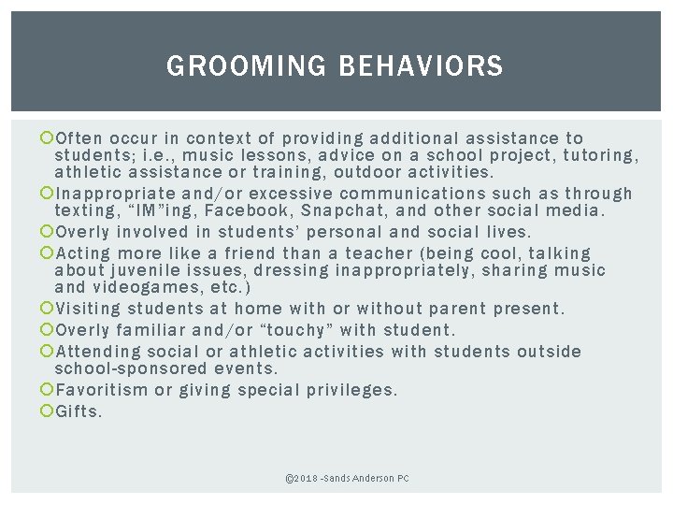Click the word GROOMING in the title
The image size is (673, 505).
(x=246, y=66)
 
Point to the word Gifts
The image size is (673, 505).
(x=79, y=411)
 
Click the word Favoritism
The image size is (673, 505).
(x=102, y=390)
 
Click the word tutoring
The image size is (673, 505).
(x=598, y=155)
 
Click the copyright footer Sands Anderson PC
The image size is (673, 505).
(x=347, y=479)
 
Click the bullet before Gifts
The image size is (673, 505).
(x=49, y=411)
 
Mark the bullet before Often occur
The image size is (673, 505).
(x=49, y=138)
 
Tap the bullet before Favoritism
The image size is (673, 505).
(x=49, y=390)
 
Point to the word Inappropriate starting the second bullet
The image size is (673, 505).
(x=118, y=194)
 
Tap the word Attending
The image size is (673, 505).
(x=99, y=352)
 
